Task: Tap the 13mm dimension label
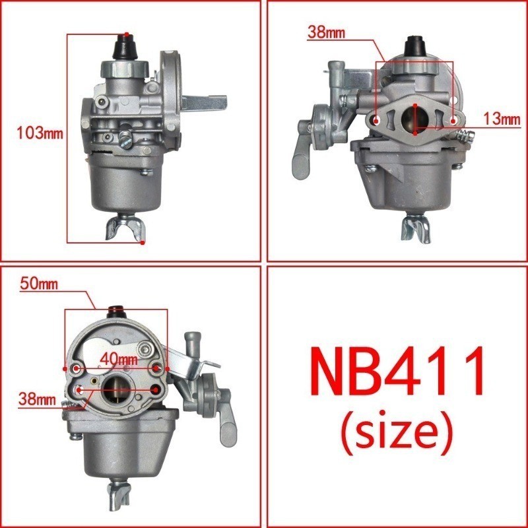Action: [502, 119]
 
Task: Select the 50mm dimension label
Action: [39, 285]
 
